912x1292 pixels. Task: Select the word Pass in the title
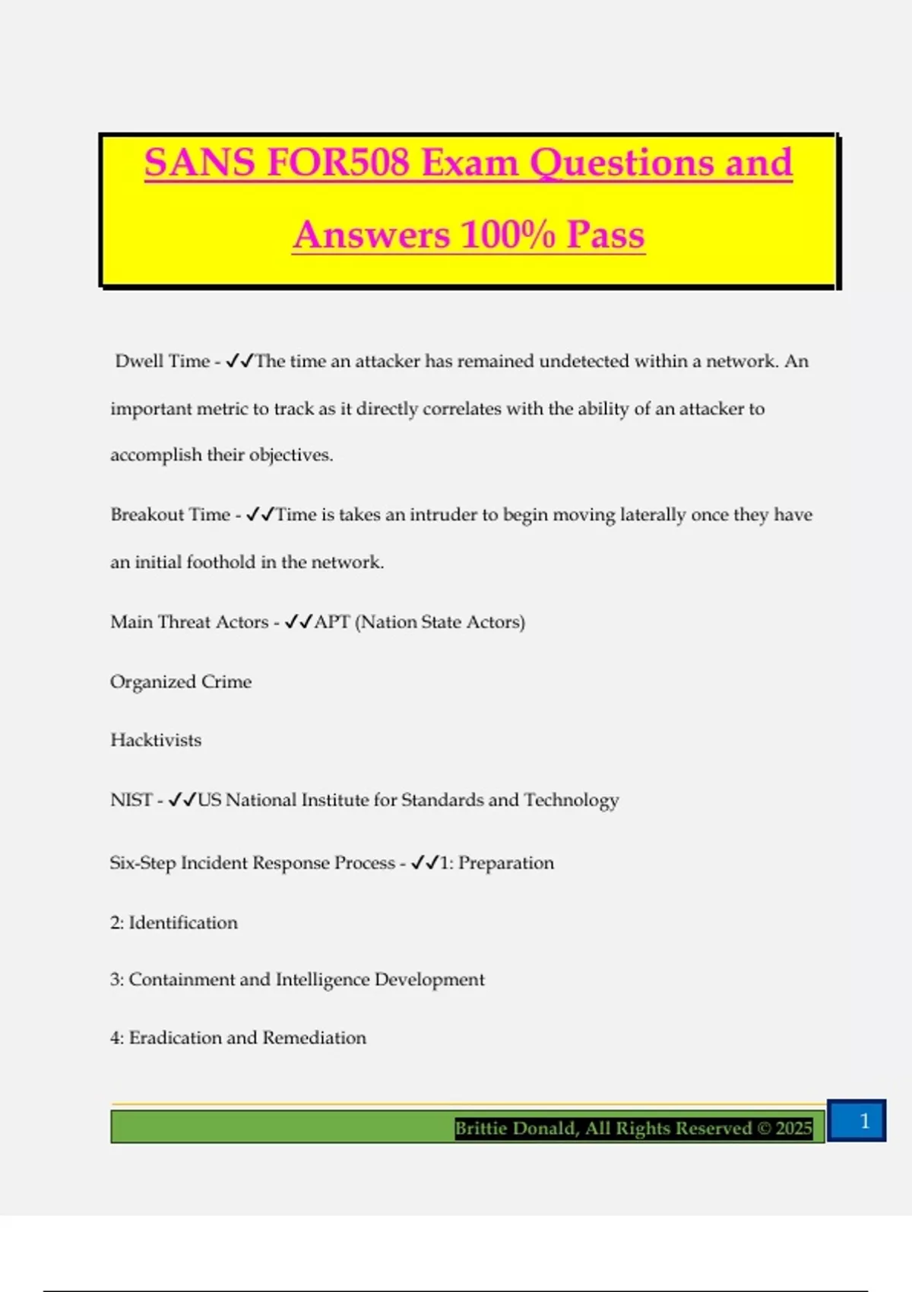click(x=606, y=234)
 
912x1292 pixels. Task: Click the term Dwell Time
click(x=162, y=361)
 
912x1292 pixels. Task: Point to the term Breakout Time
click(x=170, y=515)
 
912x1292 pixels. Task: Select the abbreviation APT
click(x=332, y=622)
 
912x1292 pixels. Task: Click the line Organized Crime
click(x=181, y=682)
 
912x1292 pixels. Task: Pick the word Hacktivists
click(x=156, y=740)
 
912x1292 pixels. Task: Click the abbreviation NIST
click(x=131, y=800)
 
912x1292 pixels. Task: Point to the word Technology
click(x=571, y=800)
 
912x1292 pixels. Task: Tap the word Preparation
click(x=506, y=863)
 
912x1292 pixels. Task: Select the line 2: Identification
click(x=174, y=923)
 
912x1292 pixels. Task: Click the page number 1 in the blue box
click(x=864, y=1121)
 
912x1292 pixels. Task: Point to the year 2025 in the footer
click(x=793, y=1129)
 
